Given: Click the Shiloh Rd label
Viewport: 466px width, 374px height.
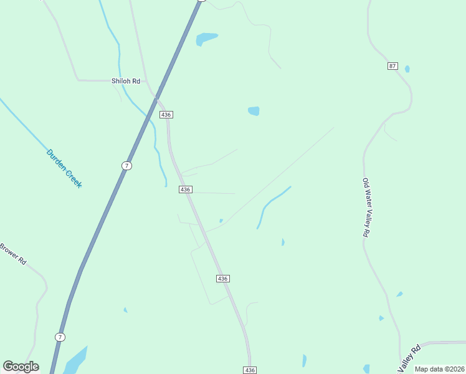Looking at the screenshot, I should pyautogui.click(x=125, y=81).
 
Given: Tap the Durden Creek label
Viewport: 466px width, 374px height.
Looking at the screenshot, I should pyautogui.click(x=64, y=168).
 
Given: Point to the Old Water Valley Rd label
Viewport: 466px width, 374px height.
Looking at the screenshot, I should pyautogui.click(x=366, y=207).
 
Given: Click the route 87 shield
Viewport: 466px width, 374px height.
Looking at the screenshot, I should pyautogui.click(x=392, y=66).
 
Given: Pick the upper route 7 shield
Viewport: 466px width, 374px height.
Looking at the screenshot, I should pyautogui.click(x=126, y=165).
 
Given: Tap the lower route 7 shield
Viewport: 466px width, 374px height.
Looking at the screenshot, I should pyautogui.click(x=60, y=337).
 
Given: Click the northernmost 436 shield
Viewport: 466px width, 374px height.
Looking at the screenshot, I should pyautogui.click(x=166, y=115).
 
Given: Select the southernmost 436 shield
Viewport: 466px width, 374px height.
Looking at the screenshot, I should pyautogui.click(x=250, y=370).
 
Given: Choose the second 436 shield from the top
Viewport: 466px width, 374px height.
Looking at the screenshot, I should pyautogui.click(x=185, y=189).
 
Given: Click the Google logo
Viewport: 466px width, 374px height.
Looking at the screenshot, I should pyautogui.click(x=21, y=367).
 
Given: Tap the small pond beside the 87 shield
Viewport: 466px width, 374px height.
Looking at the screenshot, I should pyautogui.click(x=407, y=69).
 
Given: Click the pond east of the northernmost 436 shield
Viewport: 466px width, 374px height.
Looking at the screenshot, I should pyautogui.click(x=254, y=111).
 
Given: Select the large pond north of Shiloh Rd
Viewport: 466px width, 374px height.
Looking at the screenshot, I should pyautogui.click(x=206, y=39).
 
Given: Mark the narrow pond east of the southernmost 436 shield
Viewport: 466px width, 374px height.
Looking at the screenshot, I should pyautogui.click(x=304, y=360).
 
